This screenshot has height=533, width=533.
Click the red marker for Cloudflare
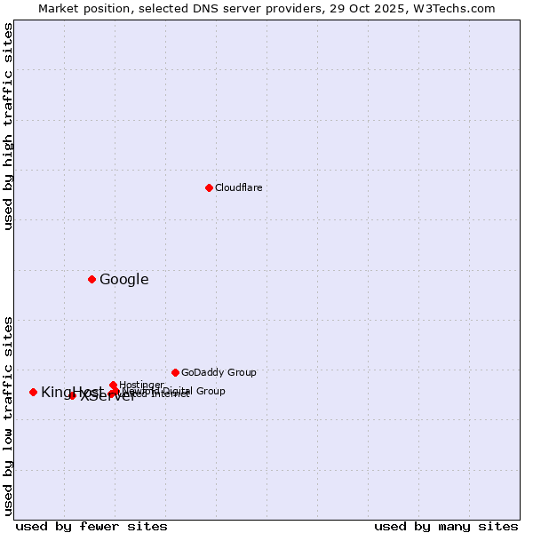click(209, 187)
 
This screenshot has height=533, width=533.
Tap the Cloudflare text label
click(238, 187)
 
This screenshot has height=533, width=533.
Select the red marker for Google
click(91, 280)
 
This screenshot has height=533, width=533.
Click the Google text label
click(123, 280)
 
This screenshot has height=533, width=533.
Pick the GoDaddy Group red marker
click(175, 372)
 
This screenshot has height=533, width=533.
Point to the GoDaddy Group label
click(219, 372)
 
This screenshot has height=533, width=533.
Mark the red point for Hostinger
click(113, 385)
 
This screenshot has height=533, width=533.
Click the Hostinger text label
click(141, 385)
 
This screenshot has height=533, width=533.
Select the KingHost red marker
click(33, 392)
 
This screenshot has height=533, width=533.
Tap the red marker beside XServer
click(72, 395)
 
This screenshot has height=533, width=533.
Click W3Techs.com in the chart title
click(457, 8)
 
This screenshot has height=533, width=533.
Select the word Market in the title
click(60, 8)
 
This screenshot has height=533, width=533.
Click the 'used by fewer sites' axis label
click(91, 526)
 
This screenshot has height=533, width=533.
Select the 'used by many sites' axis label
click(446, 526)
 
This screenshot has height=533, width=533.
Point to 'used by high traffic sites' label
click(8, 126)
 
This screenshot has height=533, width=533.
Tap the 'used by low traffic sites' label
click(8, 415)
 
